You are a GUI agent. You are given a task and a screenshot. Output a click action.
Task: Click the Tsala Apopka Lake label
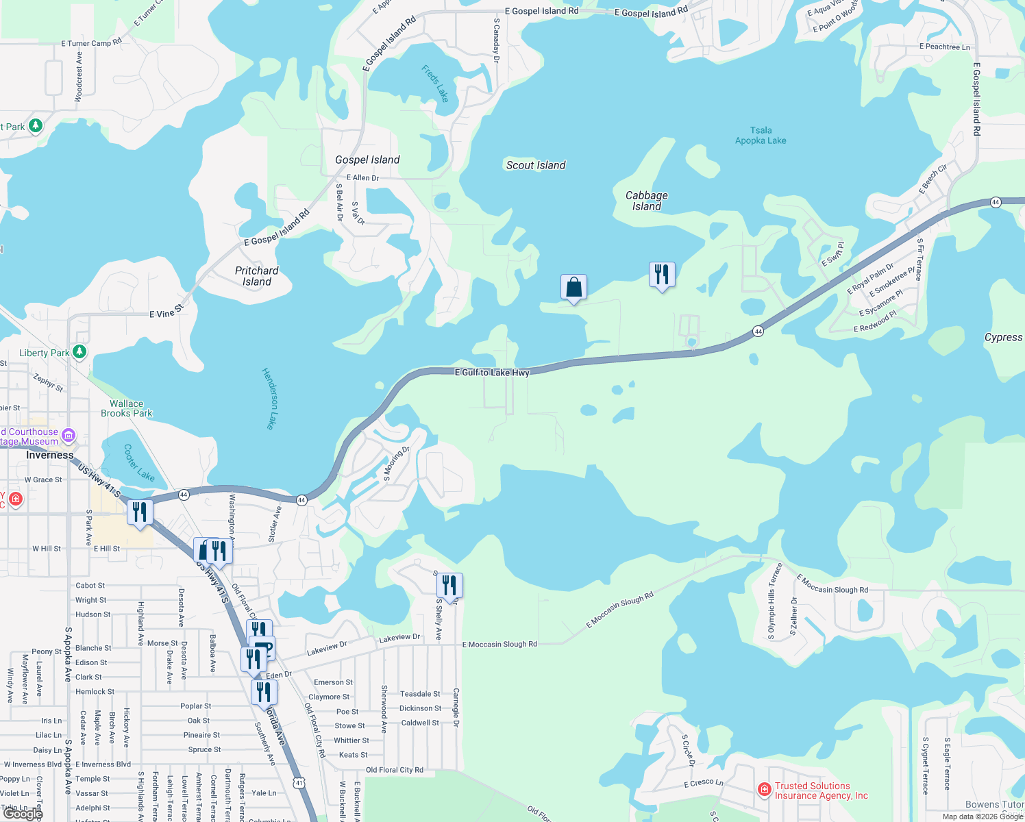(x=761, y=136)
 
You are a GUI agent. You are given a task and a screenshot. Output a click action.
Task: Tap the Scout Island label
(x=536, y=165)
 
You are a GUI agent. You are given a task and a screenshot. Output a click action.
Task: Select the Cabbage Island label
(x=646, y=201)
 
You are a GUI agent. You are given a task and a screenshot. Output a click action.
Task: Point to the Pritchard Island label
(x=257, y=276)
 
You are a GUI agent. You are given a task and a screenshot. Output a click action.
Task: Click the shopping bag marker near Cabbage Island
(x=573, y=287)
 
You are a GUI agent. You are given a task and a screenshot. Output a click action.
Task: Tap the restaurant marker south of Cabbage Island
(x=662, y=275)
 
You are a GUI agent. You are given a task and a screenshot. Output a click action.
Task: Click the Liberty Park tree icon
(x=79, y=352)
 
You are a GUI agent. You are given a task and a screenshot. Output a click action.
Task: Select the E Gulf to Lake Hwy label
(x=492, y=373)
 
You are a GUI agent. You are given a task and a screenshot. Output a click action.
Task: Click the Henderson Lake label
(x=269, y=399)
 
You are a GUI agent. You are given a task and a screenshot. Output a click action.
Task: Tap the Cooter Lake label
(x=139, y=463)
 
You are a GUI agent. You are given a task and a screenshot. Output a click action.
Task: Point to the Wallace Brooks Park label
(x=127, y=408)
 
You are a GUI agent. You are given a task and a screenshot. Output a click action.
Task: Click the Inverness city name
(x=49, y=455)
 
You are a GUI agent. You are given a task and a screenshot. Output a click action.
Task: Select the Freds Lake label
(x=435, y=84)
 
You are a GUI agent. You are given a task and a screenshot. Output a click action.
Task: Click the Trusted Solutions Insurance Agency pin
(x=765, y=790)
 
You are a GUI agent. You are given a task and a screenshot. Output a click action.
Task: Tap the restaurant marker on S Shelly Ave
(x=449, y=586)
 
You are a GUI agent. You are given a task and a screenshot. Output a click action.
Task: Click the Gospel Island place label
(x=367, y=160)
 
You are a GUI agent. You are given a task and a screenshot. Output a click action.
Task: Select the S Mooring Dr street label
(x=397, y=464)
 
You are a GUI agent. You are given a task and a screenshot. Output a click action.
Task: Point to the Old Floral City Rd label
(x=395, y=770)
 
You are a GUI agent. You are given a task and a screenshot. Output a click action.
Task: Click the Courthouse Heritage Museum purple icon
(x=68, y=435)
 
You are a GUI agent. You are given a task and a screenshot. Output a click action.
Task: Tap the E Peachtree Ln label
(x=945, y=47)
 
